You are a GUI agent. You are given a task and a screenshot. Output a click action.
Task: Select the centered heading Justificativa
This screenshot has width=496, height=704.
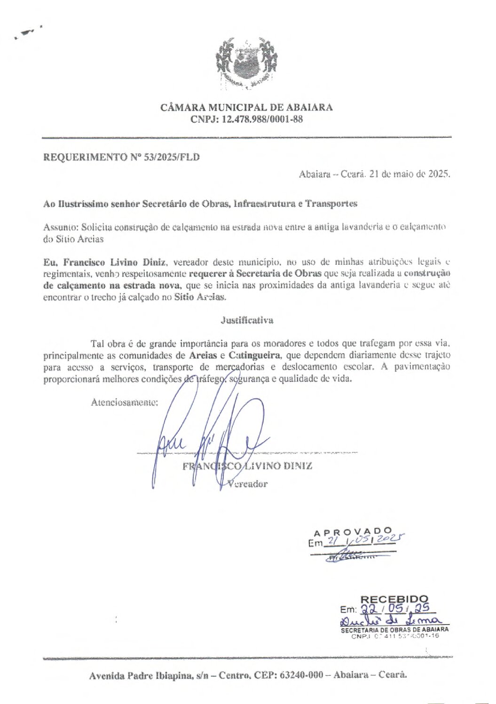pos(247,320)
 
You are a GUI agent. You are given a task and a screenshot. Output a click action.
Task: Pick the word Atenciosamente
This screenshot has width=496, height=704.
pos(124,403)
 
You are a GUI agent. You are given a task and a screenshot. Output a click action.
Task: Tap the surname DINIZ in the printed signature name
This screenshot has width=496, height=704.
pos(298,466)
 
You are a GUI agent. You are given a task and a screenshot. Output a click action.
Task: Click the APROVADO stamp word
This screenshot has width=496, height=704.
pos(352,532)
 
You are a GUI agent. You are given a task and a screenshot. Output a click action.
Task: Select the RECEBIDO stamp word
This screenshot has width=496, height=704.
pos(394,600)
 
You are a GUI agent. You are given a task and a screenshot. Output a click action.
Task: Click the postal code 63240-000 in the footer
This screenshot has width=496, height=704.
pos(301,675)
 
